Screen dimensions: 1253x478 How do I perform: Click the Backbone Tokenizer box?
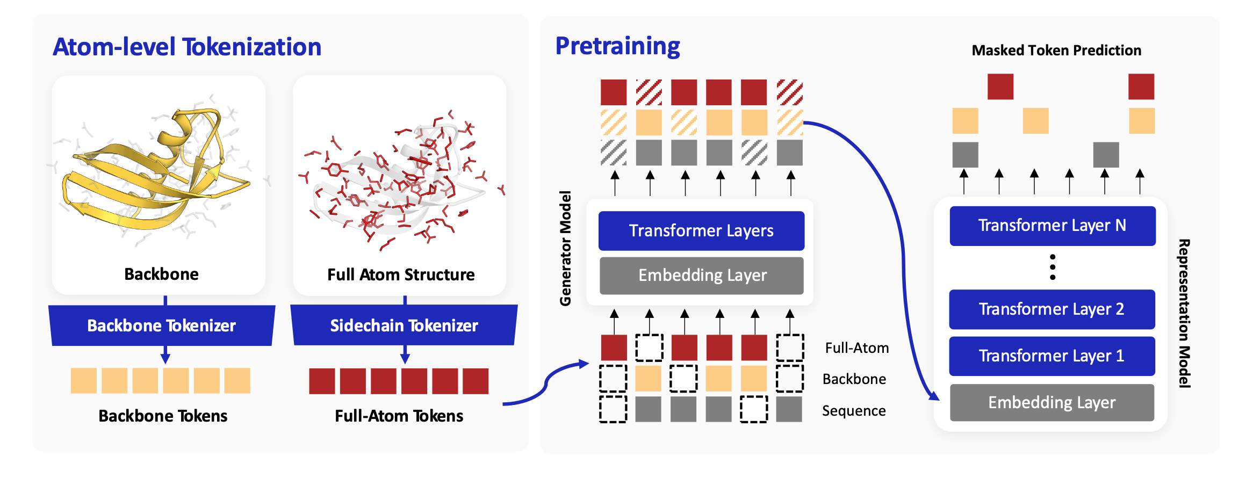pos(162,325)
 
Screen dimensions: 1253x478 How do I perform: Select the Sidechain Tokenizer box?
pos(404,325)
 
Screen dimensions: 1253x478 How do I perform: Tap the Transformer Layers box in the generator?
pos(701,231)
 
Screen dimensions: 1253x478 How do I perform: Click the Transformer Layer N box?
pos(1052,226)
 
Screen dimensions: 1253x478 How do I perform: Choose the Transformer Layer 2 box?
pos(1052,309)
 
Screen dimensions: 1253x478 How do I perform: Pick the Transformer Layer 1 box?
pos(1052,356)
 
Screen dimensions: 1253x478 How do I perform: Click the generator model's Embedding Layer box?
pos(702,276)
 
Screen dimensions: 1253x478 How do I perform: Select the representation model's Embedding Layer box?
pos(1052,402)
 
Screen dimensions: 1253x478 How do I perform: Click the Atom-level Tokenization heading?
pos(187,47)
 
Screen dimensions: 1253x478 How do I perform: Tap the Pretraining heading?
pos(617,46)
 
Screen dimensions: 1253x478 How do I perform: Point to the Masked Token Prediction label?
pos(1056,50)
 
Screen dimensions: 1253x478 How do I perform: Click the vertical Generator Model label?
pos(565,249)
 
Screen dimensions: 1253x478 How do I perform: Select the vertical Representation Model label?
pos(1184,314)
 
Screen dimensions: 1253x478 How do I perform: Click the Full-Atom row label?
pos(857,348)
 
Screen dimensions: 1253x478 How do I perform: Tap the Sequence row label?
pos(854,411)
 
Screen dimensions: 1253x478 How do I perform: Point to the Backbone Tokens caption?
pos(163,416)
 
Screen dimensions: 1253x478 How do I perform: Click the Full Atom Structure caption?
pos(401,275)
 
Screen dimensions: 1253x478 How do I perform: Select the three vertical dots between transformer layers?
pos(1053,267)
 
